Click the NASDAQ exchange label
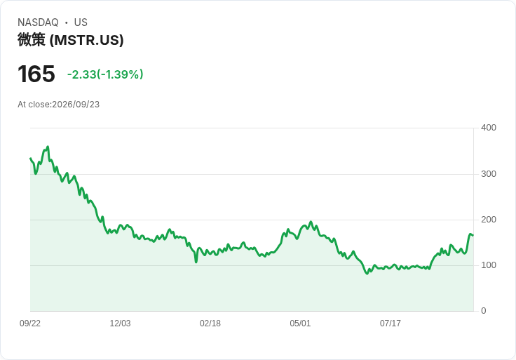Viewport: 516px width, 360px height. [38, 22]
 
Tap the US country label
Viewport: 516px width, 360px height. [81, 22]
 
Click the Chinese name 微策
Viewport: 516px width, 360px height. [32, 40]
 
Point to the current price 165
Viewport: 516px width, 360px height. [36, 74]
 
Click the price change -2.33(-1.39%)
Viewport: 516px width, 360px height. [105, 74]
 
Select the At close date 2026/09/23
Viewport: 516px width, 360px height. [76, 105]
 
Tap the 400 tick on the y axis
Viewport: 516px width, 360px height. [489, 128]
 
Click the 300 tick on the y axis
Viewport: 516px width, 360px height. [489, 174]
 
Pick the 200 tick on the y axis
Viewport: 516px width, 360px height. [489, 220]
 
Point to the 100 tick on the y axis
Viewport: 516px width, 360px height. [489, 265]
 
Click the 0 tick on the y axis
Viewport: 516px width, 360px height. [484, 311]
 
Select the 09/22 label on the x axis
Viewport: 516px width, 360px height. [30, 324]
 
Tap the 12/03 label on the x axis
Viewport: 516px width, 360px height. [120, 324]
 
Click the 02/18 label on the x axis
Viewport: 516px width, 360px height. [210, 324]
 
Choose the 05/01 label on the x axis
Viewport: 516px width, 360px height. [300, 324]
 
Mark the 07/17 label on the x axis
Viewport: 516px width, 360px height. [391, 324]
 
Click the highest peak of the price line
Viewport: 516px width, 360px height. [48, 147]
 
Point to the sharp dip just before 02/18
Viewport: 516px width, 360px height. [196, 262]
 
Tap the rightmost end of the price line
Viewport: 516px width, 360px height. [473, 235]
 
